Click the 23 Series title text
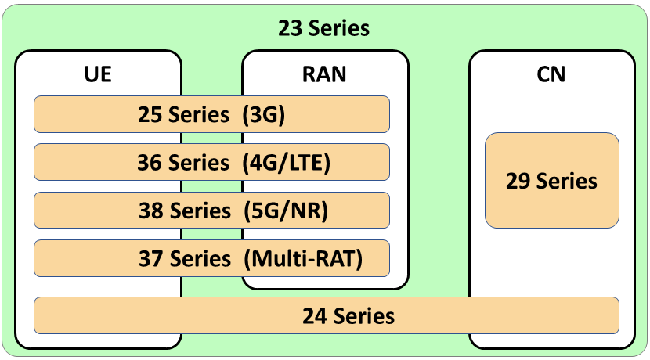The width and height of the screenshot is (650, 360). [x=323, y=28]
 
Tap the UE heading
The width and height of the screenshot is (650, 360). [x=98, y=74]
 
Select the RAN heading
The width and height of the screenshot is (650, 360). [x=324, y=74]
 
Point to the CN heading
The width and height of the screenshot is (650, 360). [x=551, y=74]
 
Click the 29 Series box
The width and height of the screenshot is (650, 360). [x=551, y=181]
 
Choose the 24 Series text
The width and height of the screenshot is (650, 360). [x=348, y=315]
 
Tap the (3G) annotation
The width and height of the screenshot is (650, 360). [x=264, y=115]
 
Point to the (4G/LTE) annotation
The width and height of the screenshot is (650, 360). [x=287, y=163]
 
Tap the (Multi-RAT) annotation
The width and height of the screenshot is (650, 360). [x=303, y=257]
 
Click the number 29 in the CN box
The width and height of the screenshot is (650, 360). [x=518, y=181]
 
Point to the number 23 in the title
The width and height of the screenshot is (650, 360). [x=290, y=28]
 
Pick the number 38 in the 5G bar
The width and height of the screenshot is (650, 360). [x=151, y=211]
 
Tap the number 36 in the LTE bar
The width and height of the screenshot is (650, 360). [x=151, y=163]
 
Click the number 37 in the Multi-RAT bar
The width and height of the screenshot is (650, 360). [x=151, y=257]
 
